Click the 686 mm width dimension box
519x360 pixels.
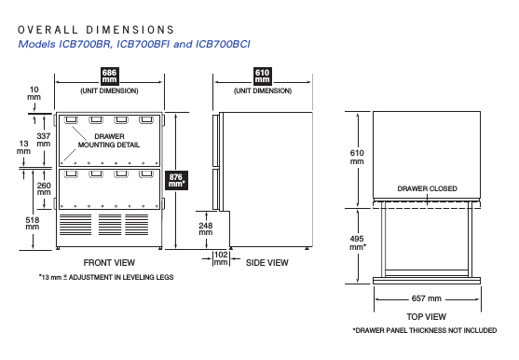pos(109,76)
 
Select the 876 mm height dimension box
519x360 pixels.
pos(176,180)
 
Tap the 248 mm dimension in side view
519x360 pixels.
pos(206,228)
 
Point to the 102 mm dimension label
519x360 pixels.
pos(221,258)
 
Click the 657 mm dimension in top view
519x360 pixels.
pos(427,298)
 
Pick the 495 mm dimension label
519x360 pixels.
pos(358,242)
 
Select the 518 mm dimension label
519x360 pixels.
pos(33,223)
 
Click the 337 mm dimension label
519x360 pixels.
pos(44,140)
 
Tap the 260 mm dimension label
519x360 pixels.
pos(44,188)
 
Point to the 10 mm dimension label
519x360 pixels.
pos(34,93)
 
